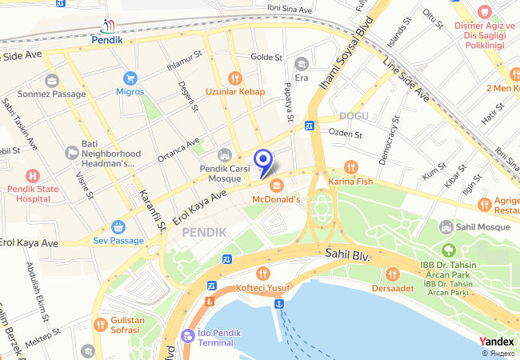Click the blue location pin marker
pos(262,160)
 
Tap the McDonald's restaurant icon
pos(276,185)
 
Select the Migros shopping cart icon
pos(130,78)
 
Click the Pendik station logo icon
pos(108,26)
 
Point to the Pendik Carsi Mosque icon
pos(224,154)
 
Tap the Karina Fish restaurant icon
pos(350,167)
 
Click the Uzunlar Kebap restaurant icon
pos(234,78)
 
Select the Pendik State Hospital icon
pos(32,175)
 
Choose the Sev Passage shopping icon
pos(118,226)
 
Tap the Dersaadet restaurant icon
pos(391,274)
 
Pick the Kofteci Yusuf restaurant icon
pos(241,274)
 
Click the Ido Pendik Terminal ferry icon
pos(188,335)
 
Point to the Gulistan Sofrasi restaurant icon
pos(100,325)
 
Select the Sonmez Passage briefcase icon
pos(52,80)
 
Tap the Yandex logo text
pos(497,342)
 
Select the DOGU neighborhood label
pos(353,117)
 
